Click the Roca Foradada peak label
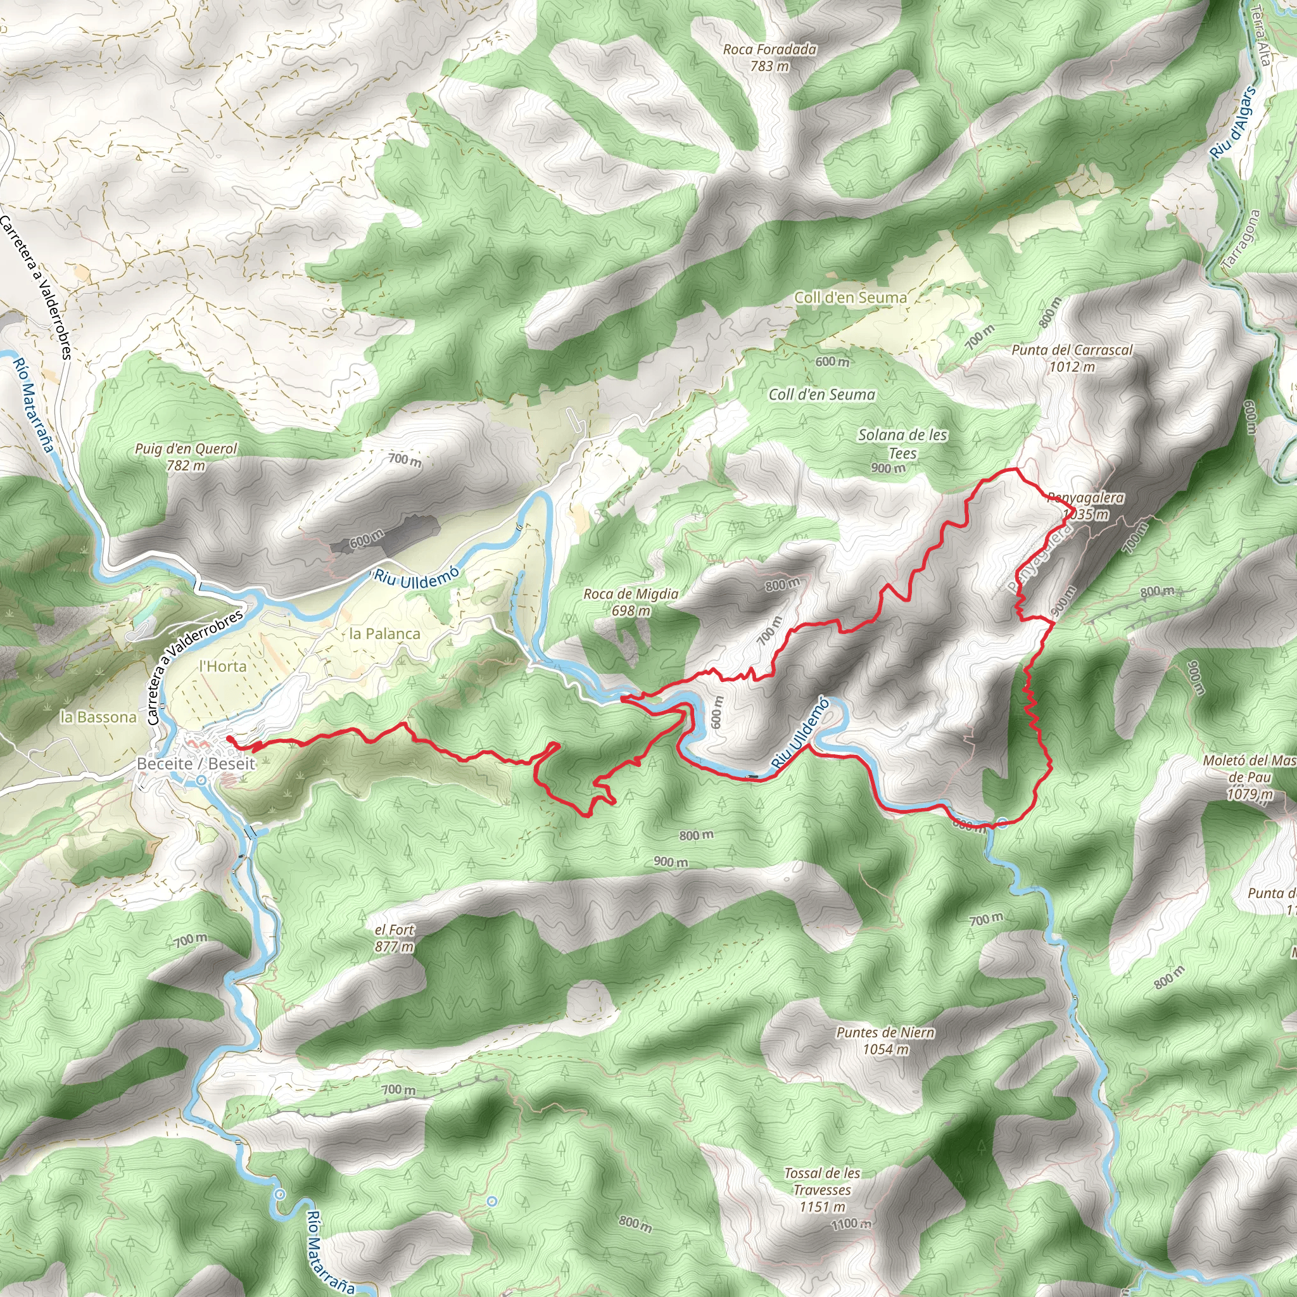click(769, 49)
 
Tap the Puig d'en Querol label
click(186, 448)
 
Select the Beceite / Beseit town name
click(195, 763)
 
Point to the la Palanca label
click(384, 634)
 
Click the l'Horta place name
click(223, 667)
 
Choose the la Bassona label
click(98, 717)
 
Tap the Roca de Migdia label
click(630, 594)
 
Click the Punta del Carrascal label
click(1072, 350)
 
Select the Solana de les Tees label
click(902, 444)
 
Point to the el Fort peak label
click(395, 930)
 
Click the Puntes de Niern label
click(885, 1032)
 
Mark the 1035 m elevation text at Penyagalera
click(1085, 515)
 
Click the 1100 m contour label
click(851, 1224)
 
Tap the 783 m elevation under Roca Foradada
click(769, 66)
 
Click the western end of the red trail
click(229, 738)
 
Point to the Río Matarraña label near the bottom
click(329, 1252)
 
